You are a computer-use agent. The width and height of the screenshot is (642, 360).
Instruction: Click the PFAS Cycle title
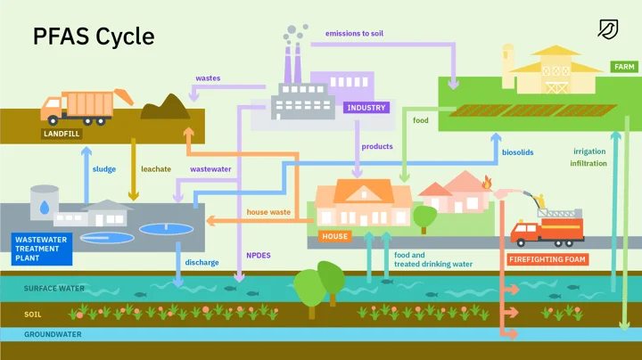coord(94,37)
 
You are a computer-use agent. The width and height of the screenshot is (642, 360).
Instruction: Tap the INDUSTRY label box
coord(366,108)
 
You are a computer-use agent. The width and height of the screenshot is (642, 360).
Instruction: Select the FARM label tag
coord(623,67)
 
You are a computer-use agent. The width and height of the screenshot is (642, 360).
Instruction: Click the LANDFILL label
coord(62,135)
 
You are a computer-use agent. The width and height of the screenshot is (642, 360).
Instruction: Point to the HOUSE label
coord(334,237)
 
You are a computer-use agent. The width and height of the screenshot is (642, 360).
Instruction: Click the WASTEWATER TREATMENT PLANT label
coord(41,250)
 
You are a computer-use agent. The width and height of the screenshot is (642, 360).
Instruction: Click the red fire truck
coord(547,230)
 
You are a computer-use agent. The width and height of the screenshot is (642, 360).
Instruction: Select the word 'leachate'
coord(155,168)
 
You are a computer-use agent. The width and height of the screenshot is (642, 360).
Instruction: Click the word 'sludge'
coord(104,168)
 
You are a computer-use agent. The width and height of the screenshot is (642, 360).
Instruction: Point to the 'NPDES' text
coord(259,255)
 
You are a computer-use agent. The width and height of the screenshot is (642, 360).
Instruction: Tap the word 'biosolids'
coord(517,152)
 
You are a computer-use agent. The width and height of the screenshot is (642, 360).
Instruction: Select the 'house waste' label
coord(268,212)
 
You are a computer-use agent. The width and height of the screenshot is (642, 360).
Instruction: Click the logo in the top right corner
coord(607,29)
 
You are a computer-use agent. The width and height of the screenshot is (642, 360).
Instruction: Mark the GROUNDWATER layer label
coord(53,334)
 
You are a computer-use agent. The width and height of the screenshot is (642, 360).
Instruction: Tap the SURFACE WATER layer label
coord(54,289)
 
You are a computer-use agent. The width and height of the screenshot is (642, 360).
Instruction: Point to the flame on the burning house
coord(486,183)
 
